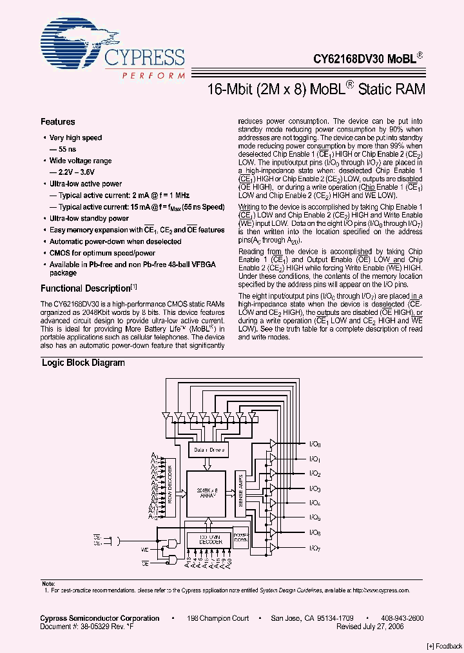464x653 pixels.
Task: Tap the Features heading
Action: tap(58, 122)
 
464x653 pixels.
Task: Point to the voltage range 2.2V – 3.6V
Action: tap(73, 172)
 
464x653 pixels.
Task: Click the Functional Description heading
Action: tap(86, 288)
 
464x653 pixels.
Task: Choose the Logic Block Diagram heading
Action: tap(83, 363)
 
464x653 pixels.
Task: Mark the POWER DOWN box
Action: tap(241, 539)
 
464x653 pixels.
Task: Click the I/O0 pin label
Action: tap(315, 444)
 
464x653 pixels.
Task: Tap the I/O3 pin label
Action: tap(315, 488)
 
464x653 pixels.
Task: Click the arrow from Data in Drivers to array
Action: tap(206, 463)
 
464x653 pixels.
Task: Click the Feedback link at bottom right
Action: tap(444, 646)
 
